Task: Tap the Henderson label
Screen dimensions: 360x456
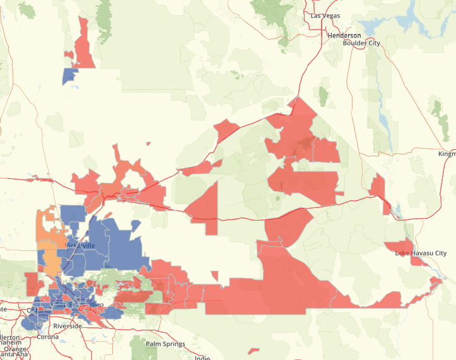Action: [x=344, y=35]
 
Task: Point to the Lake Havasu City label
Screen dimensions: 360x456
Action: [x=420, y=253]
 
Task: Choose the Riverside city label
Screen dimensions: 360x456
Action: [x=67, y=327]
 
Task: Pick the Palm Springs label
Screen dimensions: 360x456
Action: [x=165, y=344]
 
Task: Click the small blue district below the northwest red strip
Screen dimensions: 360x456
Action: [x=69, y=76]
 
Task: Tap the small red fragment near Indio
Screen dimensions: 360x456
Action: [x=254, y=351]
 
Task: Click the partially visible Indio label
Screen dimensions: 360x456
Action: [x=202, y=357]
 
